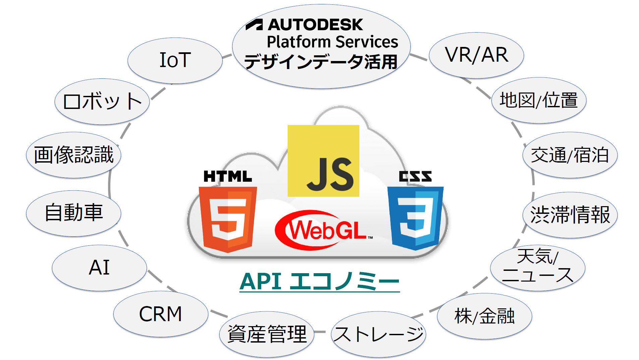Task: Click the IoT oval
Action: coord(175,60)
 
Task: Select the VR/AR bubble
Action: coord(476,55)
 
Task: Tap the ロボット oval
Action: coord(102,102)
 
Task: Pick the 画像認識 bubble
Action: coord(73,155)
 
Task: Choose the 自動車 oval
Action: coord(73,213)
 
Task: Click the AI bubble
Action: coord(99,268)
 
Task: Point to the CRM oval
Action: coord(161,314)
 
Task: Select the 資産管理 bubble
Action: coord(267,334)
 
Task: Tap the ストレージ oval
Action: coord(379,334)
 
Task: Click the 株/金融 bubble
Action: coord(484,316)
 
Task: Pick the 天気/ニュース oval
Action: coord(537,267)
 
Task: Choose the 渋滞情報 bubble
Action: coord(570,215)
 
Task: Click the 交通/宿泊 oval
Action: coord(570,155)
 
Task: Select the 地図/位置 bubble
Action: coord(539,100)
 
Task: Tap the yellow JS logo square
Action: coord(323,161)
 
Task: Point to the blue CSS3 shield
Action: coord(415,218)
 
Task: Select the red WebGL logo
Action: coord(324,230)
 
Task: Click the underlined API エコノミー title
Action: coord(319,282)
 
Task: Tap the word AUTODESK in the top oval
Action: coord(315,24)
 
